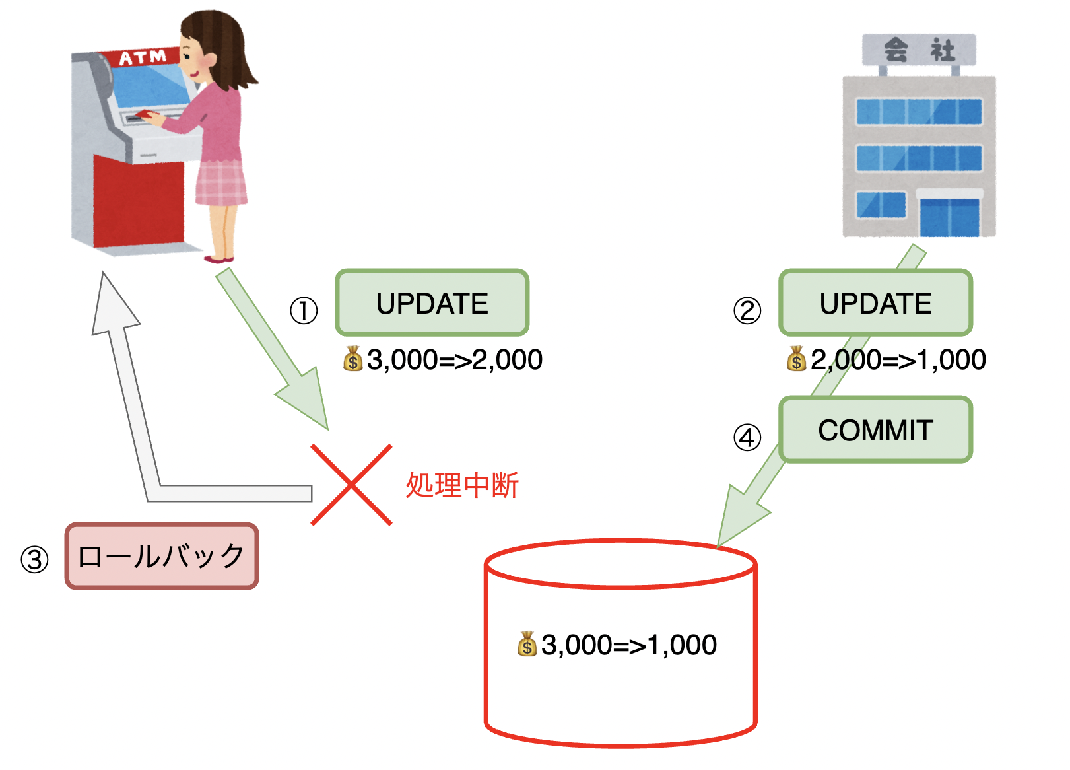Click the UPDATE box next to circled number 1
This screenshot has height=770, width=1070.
(432, 303)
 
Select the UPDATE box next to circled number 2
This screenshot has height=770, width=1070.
(875, 303)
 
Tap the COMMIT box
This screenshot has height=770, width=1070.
(875, 430)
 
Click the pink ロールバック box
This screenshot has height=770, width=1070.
(162, 556)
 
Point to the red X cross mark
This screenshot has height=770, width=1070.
(351, 485)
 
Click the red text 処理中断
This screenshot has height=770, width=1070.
(462, 485)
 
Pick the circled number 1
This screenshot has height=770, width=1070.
(304, 310)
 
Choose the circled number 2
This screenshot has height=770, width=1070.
(747, 310)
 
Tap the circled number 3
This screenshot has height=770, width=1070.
(34, 560)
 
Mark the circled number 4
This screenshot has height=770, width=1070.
(747, 437)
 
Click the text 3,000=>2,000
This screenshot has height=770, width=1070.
(454, 360)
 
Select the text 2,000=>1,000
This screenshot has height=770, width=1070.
(898, 360)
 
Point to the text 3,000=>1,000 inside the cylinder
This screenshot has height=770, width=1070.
(628, 645)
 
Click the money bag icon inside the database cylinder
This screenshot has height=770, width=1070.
(527, 645)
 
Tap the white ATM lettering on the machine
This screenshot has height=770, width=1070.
(142, 57)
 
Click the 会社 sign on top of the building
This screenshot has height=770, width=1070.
(919, 50)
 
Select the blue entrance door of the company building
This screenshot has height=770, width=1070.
(949, 217)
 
